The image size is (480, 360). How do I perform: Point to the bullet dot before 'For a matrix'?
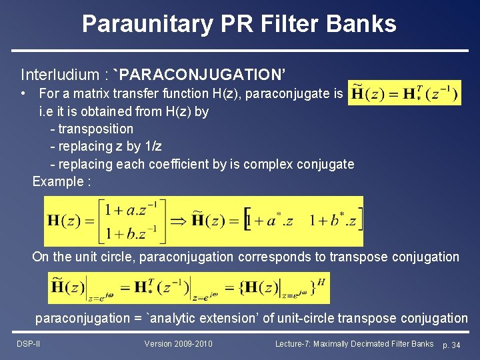(x=23, y=93)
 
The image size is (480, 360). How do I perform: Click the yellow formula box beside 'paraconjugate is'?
(x=404, y=93)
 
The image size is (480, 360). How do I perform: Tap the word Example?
(x=57, y=181)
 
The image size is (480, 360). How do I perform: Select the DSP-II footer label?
(x=28, y=344)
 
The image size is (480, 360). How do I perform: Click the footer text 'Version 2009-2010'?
(x=179, y=344)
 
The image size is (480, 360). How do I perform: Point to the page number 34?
(x=455, y=345)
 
